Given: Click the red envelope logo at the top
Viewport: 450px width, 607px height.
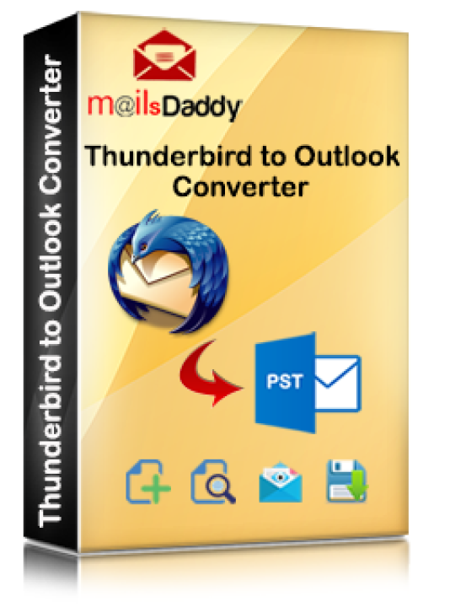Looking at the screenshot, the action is [165, 56].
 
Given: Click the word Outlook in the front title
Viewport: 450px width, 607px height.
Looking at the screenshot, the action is [346, 156].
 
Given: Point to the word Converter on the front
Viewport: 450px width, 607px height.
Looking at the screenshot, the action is [240, 187].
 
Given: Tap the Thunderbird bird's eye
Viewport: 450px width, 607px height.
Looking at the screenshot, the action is [144, 245].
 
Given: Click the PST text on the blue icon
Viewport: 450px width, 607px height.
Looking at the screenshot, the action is [284, 381].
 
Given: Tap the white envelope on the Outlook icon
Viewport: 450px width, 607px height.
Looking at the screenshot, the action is [337, 383].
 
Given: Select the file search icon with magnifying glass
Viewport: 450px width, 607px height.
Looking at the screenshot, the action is [213, 481].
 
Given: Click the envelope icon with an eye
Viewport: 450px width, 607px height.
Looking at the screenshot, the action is [280, 482].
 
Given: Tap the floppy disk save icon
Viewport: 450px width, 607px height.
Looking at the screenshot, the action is [347, 481].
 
